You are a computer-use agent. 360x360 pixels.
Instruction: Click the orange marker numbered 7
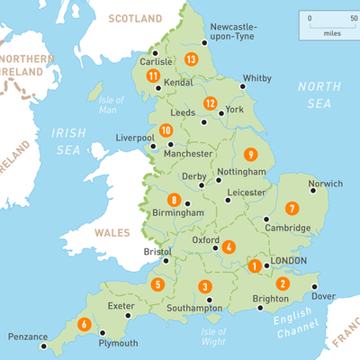[292, 208]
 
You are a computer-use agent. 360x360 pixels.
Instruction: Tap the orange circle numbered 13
[190, 58]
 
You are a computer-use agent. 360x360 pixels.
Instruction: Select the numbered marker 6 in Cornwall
[84, 324]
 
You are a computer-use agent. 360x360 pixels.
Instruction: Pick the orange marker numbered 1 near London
[256, 265]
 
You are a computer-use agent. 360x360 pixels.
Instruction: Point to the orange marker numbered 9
[249, 154]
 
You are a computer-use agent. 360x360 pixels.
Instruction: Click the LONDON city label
[289, 262]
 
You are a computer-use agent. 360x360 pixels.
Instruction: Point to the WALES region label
[112, 232]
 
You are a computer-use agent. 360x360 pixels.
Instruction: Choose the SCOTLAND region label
[135, 18]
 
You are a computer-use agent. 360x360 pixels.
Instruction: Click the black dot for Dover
[314, 287]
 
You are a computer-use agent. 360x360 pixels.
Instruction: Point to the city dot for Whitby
[244, 88]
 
